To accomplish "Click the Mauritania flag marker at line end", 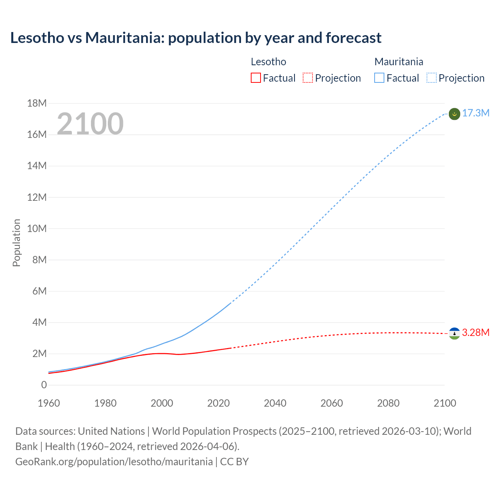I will [454, 114].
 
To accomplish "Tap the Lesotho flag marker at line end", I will [454, 333].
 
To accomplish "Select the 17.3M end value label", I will [476, 113].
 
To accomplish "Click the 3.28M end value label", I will [476, 332].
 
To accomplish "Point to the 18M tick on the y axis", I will [37, 104].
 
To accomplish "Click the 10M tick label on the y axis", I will [37, 229].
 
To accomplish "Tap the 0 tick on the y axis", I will [44, 385].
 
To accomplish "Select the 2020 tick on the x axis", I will [218, 403].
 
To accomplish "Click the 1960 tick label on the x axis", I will [49, 403].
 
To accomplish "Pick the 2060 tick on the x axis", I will [332, 403].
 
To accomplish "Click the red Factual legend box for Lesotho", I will [256, 78].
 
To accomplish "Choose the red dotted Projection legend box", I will [308, 78].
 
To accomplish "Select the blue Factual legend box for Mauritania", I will [379, 78].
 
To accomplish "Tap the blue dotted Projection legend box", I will [431, 78].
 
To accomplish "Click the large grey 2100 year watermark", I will [90, 124].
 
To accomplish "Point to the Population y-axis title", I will [16, 243].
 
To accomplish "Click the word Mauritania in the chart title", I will [125, 38].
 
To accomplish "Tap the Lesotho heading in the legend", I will [268, 62].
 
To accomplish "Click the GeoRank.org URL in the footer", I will [114, 462].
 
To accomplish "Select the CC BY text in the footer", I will [234, 462].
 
